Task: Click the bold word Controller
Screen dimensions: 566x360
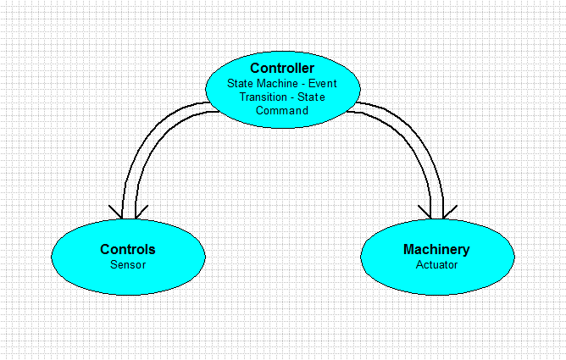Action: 282,68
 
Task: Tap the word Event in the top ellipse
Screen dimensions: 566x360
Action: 322,83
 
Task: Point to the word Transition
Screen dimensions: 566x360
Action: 264,97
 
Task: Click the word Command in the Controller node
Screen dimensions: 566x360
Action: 282,110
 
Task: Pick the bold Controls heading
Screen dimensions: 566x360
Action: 128,249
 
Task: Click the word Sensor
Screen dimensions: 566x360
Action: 128,265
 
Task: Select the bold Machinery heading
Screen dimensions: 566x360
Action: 436,249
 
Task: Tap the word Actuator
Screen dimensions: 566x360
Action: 436,265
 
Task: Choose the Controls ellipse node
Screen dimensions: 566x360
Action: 128,257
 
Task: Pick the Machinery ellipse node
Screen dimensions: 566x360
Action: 437,257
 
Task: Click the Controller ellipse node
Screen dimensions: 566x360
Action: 283,90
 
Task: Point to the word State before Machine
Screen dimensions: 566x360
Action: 240,83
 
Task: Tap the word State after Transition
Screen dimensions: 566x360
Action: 311,97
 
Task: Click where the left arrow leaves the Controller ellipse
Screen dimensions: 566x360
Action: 213,107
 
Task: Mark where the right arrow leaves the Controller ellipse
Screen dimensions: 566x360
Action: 352,107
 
